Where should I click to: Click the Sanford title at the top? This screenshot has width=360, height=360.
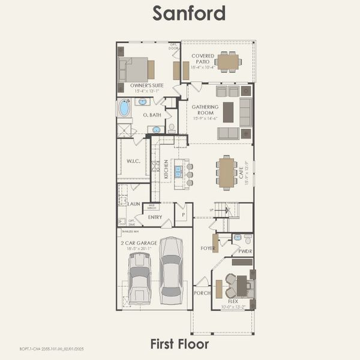180,13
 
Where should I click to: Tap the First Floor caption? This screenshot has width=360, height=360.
179,344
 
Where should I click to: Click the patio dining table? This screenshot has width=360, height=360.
227,61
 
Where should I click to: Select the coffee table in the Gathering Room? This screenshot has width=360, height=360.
228,112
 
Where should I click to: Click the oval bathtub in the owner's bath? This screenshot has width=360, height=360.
124,108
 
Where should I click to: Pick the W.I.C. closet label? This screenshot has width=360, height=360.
133,161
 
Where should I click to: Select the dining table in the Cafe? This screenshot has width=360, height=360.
227,172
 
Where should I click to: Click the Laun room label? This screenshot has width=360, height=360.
134,204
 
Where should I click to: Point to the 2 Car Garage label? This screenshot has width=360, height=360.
139,243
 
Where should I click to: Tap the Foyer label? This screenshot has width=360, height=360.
208,248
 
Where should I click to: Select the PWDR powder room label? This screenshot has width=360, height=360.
245,251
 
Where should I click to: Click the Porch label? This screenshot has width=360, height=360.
201,293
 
